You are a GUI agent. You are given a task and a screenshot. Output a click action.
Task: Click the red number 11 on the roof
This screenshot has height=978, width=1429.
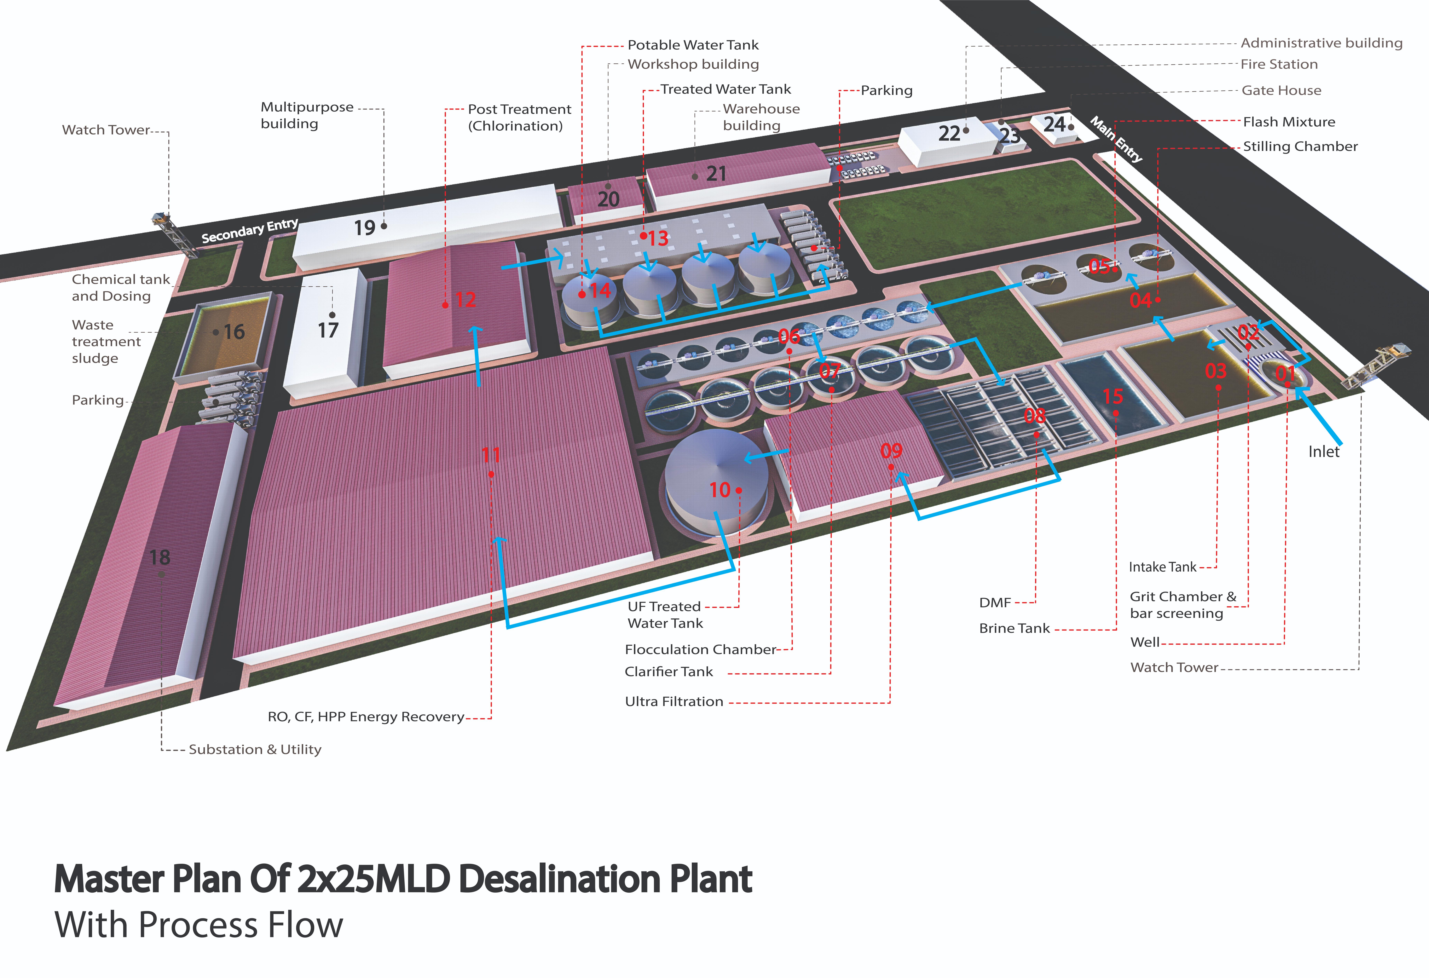click(491, 455)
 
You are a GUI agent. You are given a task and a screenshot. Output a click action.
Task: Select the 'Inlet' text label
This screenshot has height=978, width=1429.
click(1323, 451)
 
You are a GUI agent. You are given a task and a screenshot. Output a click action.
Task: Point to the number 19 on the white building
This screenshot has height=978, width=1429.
click(365, 228)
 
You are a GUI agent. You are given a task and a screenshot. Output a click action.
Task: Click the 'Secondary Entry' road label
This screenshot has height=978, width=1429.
click(250, 230)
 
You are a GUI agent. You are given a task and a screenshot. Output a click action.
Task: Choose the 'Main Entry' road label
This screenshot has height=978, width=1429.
click(1116, 139)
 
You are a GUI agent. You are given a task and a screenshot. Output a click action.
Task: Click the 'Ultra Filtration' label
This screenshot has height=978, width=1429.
click(674, 701)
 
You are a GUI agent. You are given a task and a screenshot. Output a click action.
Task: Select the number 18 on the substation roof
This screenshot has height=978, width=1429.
click(160, 557)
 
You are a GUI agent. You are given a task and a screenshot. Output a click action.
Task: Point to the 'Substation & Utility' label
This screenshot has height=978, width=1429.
click(254, 749)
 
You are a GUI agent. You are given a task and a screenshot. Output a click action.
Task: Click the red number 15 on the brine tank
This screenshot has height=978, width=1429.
click(1113, 396)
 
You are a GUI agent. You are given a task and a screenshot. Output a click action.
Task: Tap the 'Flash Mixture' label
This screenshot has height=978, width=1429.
click(1289, 122)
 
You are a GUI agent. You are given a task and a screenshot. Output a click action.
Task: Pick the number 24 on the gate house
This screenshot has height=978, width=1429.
click(1054, 125)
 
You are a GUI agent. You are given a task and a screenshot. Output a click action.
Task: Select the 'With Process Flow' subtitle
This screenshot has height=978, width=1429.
click(199, 924)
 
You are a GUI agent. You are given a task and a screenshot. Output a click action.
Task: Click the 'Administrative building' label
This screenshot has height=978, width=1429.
click(1321, 43)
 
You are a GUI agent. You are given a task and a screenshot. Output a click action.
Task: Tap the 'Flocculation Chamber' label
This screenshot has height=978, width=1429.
click(700, 650)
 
